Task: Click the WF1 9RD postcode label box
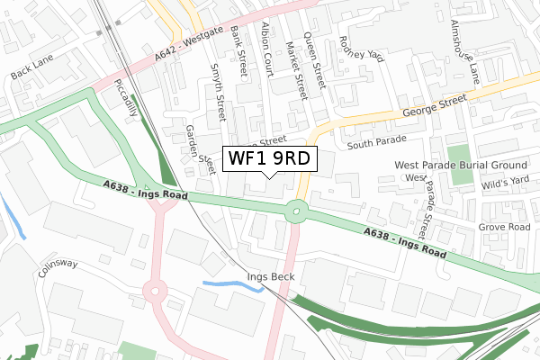pos(269,158)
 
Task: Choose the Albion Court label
pos(268,50)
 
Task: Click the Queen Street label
pos(317,58)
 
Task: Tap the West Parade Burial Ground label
pos(459,166)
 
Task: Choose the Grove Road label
pos(505,228)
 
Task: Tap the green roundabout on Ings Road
pos(295,214)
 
